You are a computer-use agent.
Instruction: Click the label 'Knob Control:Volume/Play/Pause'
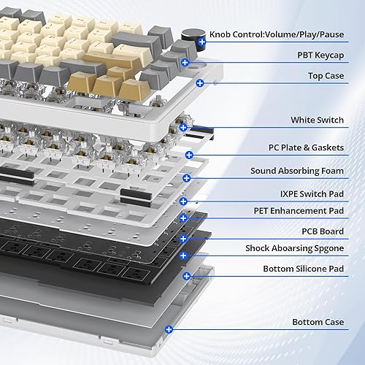[x=286, y=34]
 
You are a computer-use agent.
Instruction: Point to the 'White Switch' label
[x=318, y=120]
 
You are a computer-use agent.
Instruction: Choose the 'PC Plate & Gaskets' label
[x=307, y=147]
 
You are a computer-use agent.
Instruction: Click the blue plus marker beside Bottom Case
[x=169, y=329]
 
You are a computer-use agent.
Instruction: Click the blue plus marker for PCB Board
[x=183, y=238]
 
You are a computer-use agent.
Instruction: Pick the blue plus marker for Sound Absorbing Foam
[x=187, y=177]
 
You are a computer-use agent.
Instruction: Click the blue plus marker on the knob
[x=201, y=43]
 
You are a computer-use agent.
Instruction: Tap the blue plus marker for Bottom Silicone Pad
[x=187, y=277]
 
